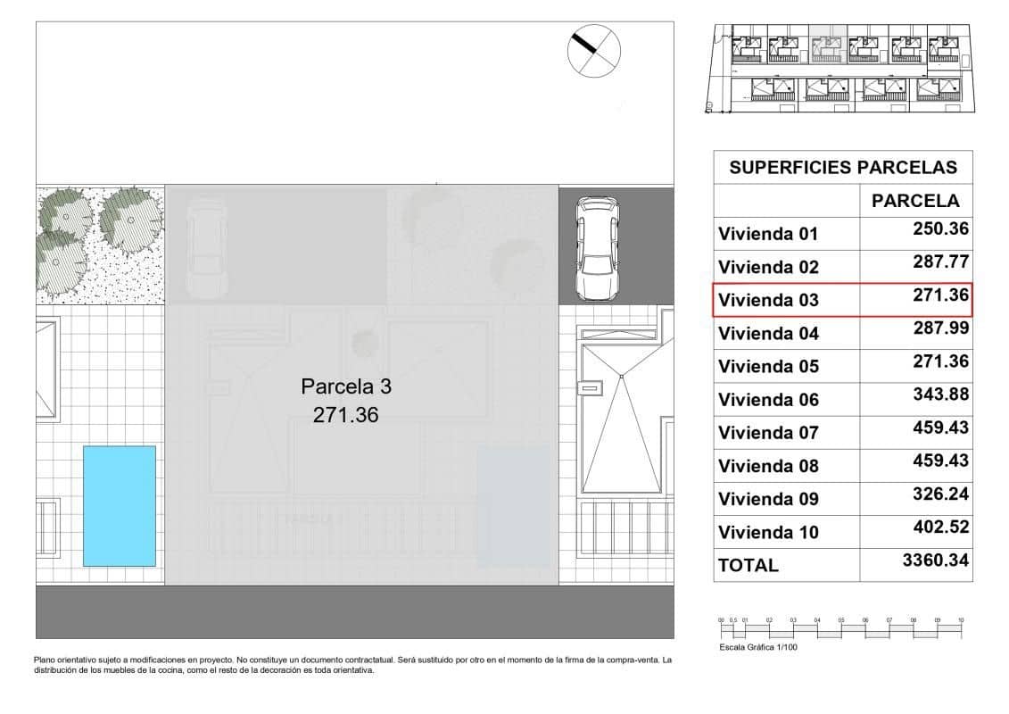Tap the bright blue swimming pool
point(120,505)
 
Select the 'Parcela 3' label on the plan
point(346,386)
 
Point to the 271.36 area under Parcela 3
point(346,414)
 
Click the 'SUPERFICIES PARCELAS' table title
point(843,167)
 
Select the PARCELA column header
point(915,201)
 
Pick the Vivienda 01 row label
point(768,235)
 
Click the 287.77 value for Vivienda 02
point(940,262)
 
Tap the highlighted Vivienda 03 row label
point(768,301)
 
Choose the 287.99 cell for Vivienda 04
point(940,328)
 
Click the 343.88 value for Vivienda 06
point(940,394)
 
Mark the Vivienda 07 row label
point(768,433)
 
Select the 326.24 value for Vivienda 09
point(940,494)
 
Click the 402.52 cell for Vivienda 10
point(940,527)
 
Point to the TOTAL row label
point(748,565)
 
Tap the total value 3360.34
point(935,560)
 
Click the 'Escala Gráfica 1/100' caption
point(757,647)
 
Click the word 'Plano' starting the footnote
point(45,660)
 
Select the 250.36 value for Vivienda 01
point(940,228)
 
